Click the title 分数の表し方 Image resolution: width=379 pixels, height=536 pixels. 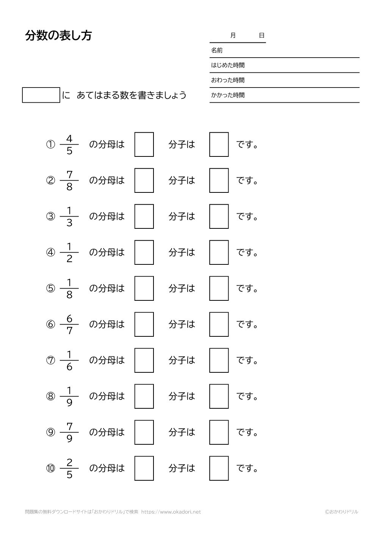58,36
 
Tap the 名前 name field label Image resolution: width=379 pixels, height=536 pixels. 217,50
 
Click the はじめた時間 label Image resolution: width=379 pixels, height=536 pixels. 228,65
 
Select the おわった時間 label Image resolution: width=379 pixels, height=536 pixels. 228,80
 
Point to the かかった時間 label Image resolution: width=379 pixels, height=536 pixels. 228,95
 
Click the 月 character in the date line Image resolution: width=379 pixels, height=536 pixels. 233,36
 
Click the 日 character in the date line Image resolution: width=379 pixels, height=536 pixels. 262,36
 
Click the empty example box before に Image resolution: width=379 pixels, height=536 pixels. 41,95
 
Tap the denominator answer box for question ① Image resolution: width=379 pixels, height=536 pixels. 144,144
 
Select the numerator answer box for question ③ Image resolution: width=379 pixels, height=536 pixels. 219,216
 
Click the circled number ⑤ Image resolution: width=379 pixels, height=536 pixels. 50,289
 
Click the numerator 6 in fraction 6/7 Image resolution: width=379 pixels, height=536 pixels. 69,319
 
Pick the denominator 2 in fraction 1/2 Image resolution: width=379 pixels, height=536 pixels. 69,259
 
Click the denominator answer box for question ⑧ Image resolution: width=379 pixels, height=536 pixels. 144,396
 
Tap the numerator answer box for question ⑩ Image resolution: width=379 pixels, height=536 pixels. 219,468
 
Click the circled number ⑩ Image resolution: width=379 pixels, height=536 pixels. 50,469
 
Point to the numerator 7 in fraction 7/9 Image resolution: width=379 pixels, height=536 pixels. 69,427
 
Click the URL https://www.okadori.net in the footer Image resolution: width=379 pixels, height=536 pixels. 171,512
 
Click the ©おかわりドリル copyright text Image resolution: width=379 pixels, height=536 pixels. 341,512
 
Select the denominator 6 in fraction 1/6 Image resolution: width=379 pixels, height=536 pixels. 69,367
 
